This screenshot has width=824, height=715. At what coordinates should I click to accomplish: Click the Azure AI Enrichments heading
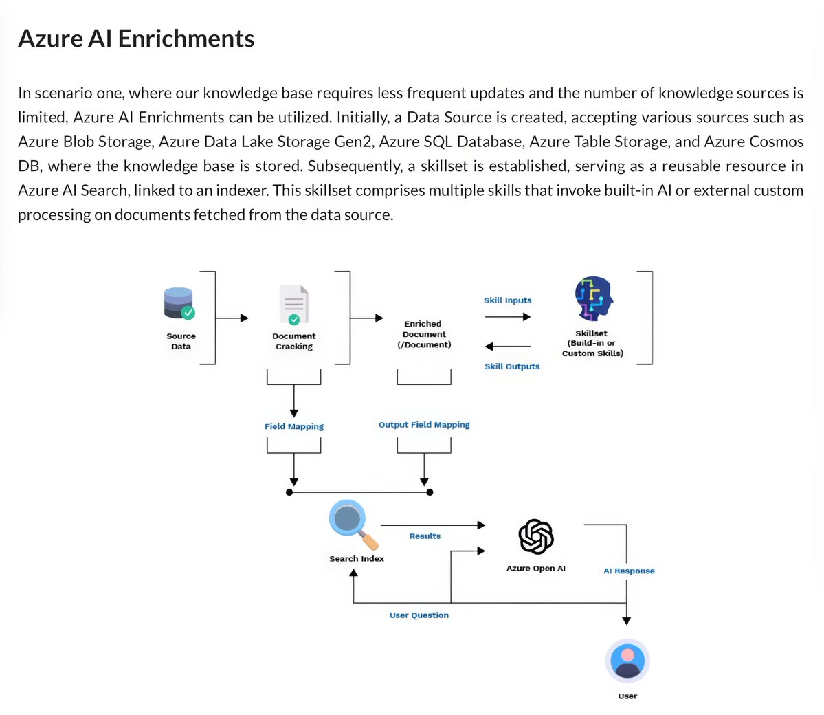[x=136, y=38]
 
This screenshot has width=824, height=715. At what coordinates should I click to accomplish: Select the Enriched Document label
[x=424, y=334]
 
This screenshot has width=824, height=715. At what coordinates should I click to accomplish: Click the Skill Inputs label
[x=507, y=300]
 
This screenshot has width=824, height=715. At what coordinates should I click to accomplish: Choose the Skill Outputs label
[x=512, y=366]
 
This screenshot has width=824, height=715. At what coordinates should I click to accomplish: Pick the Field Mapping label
[x=294, y=426]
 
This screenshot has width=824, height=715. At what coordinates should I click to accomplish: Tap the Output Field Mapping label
[x=424, y=425]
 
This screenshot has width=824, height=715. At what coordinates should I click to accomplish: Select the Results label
[x=425, y=536]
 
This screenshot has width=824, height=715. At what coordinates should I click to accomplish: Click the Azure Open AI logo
[x=536, y=537]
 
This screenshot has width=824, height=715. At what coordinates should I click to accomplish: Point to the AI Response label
[x=629, y=571]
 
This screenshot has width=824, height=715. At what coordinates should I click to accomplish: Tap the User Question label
[x=419, y=615]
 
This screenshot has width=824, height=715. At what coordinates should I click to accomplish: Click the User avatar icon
[x=627, y=661]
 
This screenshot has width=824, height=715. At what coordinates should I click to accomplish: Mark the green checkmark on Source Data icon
[x=188, y=313]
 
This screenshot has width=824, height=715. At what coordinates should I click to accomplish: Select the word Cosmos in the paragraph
[x=777, y=142]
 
